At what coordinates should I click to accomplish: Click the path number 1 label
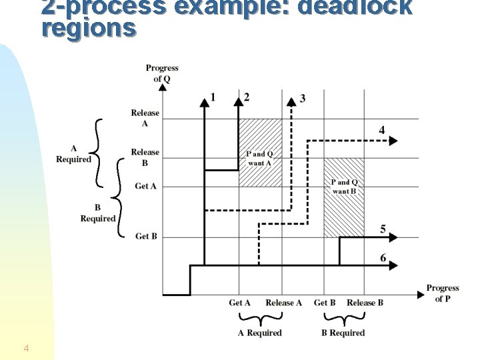(x=213, y=98)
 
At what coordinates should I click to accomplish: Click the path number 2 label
(x=247, y=98)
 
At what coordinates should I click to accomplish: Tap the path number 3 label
(x=303, y=99)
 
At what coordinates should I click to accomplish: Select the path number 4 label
(x=381, y=129)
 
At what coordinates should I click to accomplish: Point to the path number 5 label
(x=383, y=229)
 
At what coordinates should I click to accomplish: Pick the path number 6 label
(x=383, y=258)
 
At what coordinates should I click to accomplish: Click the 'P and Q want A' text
(x=260, y=158)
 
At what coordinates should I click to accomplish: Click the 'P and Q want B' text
(x=344, y=187)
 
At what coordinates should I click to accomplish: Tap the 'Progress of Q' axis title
(x=162, y=73)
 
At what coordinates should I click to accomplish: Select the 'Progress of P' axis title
(x=443, y=293)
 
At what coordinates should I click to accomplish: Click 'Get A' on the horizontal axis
(x=239, y=303)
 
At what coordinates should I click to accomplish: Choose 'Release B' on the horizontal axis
(x=365, y=303)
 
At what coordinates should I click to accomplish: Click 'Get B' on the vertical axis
(x=146, y=236)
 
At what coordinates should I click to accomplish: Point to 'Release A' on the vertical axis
(x=145, y=118)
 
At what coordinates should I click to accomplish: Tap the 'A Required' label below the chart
(x=260, y=333)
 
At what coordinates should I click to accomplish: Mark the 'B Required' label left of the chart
(x=97, y=213)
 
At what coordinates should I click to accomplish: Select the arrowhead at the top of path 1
(x=204, y=101)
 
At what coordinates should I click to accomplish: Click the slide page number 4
(x=25, y=348)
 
